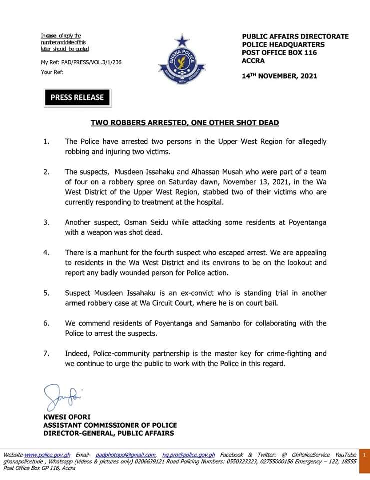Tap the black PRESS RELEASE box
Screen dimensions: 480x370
tap(77, 97)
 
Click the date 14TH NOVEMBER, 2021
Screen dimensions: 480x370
tap(279, 76)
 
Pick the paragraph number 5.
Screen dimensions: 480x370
tap(46, 293)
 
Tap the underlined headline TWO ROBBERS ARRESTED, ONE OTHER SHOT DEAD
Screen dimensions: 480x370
tap(185, 122)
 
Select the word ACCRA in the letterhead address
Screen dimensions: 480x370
tap(253, 61)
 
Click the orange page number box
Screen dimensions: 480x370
tap(364, 455)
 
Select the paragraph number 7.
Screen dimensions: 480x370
tap(46, 353)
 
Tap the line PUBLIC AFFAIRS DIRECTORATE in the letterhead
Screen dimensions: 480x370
tap(295, 37)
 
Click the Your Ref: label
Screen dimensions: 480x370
tap(52, 72)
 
